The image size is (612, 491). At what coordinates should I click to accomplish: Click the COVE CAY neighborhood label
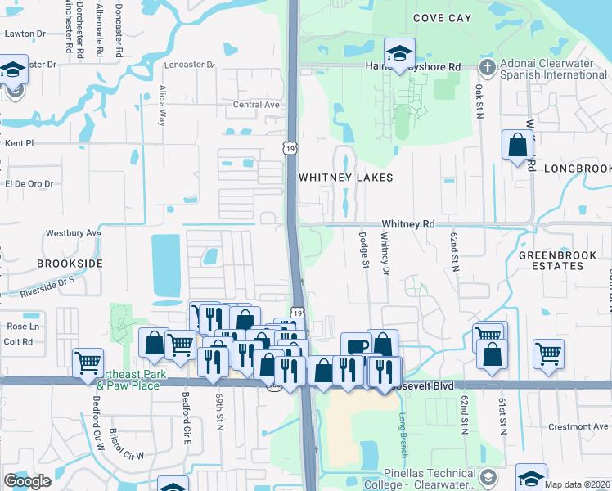point(443,17)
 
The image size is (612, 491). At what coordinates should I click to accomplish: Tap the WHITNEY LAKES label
point(345,178)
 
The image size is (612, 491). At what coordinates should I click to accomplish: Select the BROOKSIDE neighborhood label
point(70,264)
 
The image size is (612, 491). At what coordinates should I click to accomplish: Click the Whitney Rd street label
point(407,224)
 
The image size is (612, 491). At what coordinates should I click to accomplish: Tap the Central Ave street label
point(256,105)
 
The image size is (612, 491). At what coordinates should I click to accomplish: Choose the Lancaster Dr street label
point(189,64)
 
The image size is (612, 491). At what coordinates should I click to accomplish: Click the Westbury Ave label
point(73,233)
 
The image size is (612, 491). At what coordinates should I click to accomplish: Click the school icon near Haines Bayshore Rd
point(399,54)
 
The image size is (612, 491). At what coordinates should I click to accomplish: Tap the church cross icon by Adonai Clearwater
point(487,66)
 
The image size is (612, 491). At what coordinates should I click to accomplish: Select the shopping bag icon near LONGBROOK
point(517,146)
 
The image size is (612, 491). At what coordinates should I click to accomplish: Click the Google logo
point(27,481)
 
